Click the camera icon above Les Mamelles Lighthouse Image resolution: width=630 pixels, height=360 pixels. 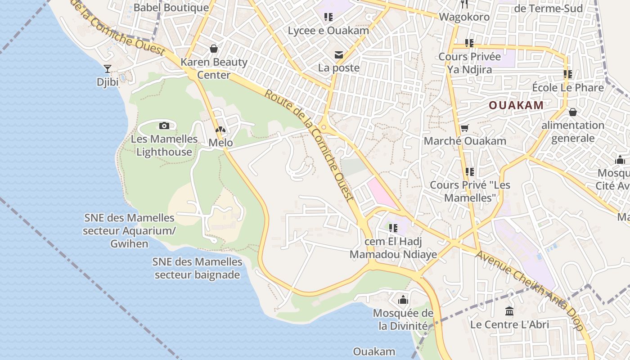pyautogui.click(x=164, y=126)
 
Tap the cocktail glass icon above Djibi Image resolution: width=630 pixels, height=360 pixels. pyautogui.click(x=107, y=68)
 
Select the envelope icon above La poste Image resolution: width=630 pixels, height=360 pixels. pyautogui.click(x=338, y=55)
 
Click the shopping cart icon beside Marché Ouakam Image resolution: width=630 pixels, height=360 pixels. pyautogui.click(x=465, y=128)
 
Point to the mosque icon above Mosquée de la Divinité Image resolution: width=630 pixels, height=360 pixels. pyautogui.click(x=403, y=299)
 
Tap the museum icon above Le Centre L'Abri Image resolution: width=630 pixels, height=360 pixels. pyautogui.click(x=509, y=310)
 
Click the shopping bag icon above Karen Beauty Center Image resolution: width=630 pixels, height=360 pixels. pyautogui.click(x=214, y=48)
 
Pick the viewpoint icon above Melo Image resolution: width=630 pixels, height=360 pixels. pyautogui.click(x=220, y=130)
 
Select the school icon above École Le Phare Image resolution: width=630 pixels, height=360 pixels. pyautogui.click(x=567, y=74)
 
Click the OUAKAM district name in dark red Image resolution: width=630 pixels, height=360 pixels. pyautogui.click(x=516, y=105)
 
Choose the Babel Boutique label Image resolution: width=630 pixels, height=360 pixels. pyautogui.click(x=171, y=8)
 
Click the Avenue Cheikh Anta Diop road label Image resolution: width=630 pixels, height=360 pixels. pyautogui.click(x=531, y=290)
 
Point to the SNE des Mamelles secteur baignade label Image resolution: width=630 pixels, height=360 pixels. pyautogui.click(x=197, y=268)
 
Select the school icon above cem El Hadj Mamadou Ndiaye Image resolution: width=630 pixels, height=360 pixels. pyautogui.click(x=393, y=228)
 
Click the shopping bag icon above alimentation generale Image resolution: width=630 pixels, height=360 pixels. pyautogui.click(x=573, y=112)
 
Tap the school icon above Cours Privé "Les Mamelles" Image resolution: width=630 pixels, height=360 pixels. pyautogui.click(x=469, y=171)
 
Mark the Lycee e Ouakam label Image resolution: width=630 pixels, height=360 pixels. pyautogui.click(x=328, y=31)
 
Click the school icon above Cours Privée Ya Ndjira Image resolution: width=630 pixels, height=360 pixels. pyautogui.click(x=469, y=43)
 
